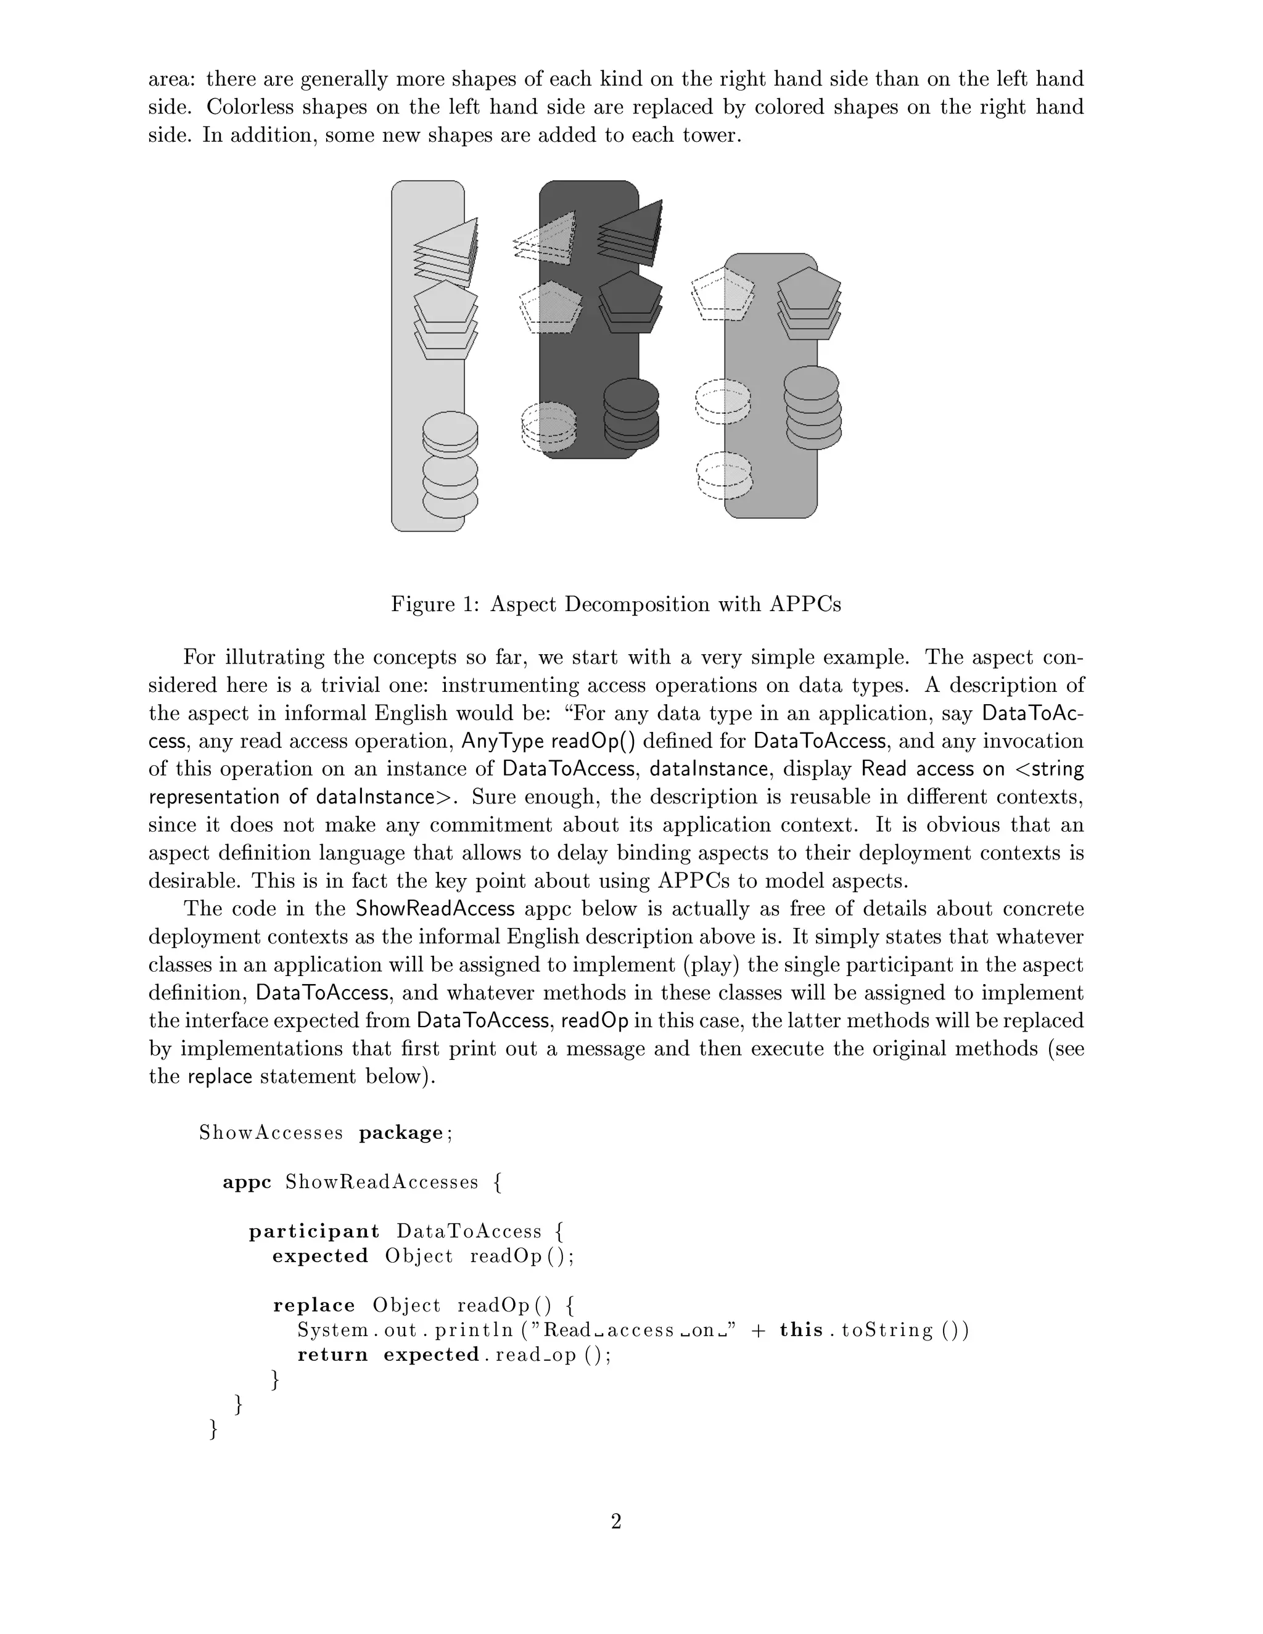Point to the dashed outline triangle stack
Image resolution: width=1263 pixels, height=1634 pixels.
(545, 239)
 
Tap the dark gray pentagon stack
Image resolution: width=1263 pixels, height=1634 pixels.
(631, 302)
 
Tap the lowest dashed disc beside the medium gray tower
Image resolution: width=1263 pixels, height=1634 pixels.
(723, 476)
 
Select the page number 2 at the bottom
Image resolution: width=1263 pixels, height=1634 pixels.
(616, 1521)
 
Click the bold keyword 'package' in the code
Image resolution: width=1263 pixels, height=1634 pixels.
(401, 1133)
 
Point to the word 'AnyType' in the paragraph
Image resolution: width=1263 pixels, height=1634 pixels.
(502, 741)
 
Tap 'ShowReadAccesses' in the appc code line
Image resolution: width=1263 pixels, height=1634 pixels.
(382, 1182)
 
